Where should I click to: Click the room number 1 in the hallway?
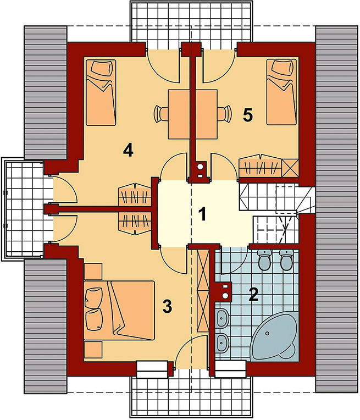[x=202, y=213]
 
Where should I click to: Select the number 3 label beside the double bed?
[x=168, y=306]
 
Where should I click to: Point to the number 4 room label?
[x=129, y=150]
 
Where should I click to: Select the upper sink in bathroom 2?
[x=223, y=318]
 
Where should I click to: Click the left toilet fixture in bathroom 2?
[x=264, y=260]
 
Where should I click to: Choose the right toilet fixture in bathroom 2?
[x=285, y=260]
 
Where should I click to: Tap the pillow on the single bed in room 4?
[x=101, y=70]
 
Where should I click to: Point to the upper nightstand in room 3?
[x=93, y=270]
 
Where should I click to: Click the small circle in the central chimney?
[x=200, y=166]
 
